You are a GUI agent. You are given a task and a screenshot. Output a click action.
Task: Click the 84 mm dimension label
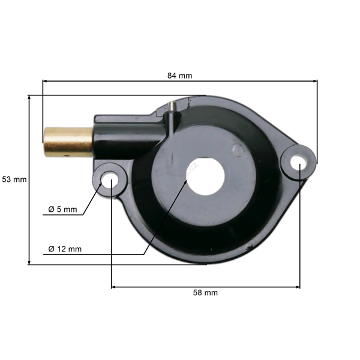179,76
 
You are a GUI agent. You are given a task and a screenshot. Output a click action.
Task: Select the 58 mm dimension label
205,293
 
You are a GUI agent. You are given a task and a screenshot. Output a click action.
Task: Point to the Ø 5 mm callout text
63,209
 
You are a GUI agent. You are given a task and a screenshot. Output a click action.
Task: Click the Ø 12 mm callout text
65,248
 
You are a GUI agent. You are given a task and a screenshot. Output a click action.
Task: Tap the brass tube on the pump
68,142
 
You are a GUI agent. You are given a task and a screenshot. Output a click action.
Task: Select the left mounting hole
109,179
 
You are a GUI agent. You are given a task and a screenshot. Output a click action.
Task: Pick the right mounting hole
299,161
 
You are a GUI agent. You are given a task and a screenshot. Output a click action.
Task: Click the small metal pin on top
173,106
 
